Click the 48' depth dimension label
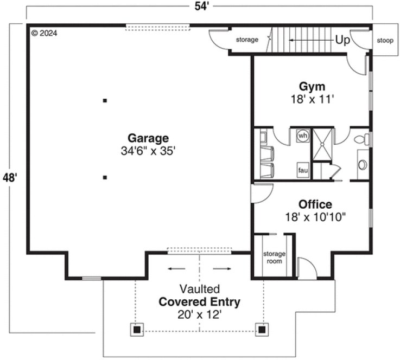[x=9, y=177]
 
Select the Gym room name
[x=312, y=87]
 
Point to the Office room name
[x=315, y=204]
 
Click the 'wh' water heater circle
[x=303, y=135]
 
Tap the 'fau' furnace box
[x=303, y=170]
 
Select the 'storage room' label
[x=274, y=258]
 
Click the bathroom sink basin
[x=362, y=164]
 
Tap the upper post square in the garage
[x=105, y=100]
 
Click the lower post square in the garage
[x=105, y=177]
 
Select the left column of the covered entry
[x=137, y=329]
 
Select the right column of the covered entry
[x=262, y=329]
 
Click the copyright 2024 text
[x=44, y=33]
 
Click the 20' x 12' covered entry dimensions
[x=200, y=314]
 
